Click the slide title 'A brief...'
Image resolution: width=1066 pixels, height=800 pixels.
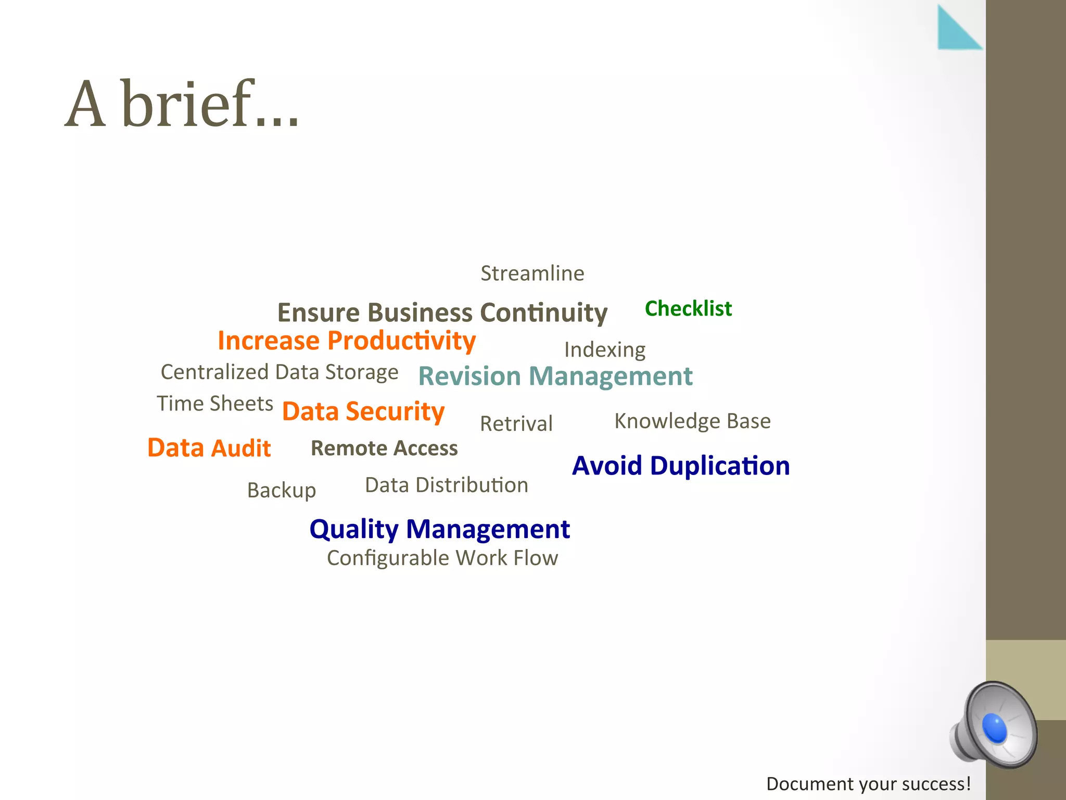click(182, 104)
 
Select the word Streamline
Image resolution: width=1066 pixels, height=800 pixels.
click(532, 273)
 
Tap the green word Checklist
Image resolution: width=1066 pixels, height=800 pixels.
click(688, 308)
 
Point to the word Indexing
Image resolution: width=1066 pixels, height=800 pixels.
click(605, 350)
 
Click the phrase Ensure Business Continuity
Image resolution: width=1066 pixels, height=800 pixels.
click(442, 312)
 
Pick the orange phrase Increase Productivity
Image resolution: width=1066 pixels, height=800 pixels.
click(347, 341)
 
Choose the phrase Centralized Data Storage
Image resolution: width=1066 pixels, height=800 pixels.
click(280, 372)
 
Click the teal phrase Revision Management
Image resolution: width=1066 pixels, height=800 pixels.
click(555, 376)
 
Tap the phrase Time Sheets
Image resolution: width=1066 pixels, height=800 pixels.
click(215, 404)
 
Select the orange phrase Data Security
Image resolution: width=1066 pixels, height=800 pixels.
click(363, 411)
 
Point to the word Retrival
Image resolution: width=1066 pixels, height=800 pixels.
click(516, 423)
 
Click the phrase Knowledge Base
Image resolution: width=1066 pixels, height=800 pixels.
click(692, 421)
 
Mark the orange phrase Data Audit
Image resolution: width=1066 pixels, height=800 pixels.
click(209, 448)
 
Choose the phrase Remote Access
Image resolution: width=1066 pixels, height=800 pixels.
click(384, 448)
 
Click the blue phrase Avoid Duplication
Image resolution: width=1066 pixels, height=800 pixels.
click(681, 466)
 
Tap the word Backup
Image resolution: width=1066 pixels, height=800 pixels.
click(282, 490)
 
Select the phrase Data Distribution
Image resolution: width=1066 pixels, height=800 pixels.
click(447, 485)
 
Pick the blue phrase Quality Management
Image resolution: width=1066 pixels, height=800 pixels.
click(440, 529)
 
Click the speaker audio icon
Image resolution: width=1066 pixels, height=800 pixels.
click(994, 725)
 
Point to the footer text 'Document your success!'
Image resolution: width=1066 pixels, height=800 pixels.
click(868, 784)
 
